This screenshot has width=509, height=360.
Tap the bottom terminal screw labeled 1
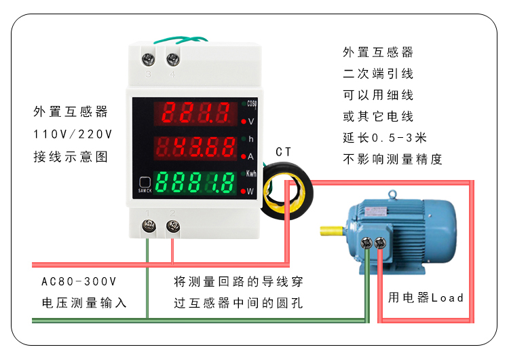(147, 227)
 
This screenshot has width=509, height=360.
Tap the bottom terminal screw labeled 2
(172, 227)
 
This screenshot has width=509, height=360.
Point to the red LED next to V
(244, 122)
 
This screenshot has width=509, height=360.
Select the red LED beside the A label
(244, 156)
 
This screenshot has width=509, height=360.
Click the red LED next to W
(244, 191)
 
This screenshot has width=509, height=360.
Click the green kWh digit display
(197, 181)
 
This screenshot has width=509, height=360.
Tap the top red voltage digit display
(197, 112)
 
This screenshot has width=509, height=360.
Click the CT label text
(284, 151)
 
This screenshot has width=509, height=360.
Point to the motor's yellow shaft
(333, 232)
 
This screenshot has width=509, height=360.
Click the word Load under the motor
(447, 298)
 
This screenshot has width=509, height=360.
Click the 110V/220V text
(73, 134)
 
